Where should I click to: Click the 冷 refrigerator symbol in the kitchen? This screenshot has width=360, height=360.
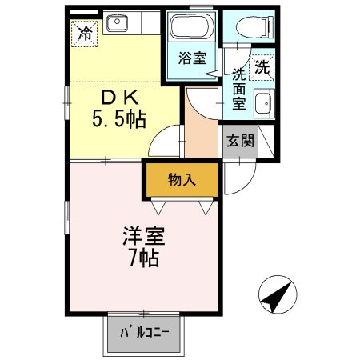pos(84,33)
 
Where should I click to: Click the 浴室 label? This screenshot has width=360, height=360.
pos(192,58)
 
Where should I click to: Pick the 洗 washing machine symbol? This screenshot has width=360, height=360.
pos(262,69)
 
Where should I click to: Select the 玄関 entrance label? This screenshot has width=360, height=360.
pos(240,142)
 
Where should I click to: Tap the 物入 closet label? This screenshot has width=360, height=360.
pos(182,180)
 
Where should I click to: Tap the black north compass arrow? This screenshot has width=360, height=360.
pos(277,298)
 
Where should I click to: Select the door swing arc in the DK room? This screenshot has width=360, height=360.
pos(166,142)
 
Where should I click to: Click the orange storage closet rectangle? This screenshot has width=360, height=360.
pos(182,180)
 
